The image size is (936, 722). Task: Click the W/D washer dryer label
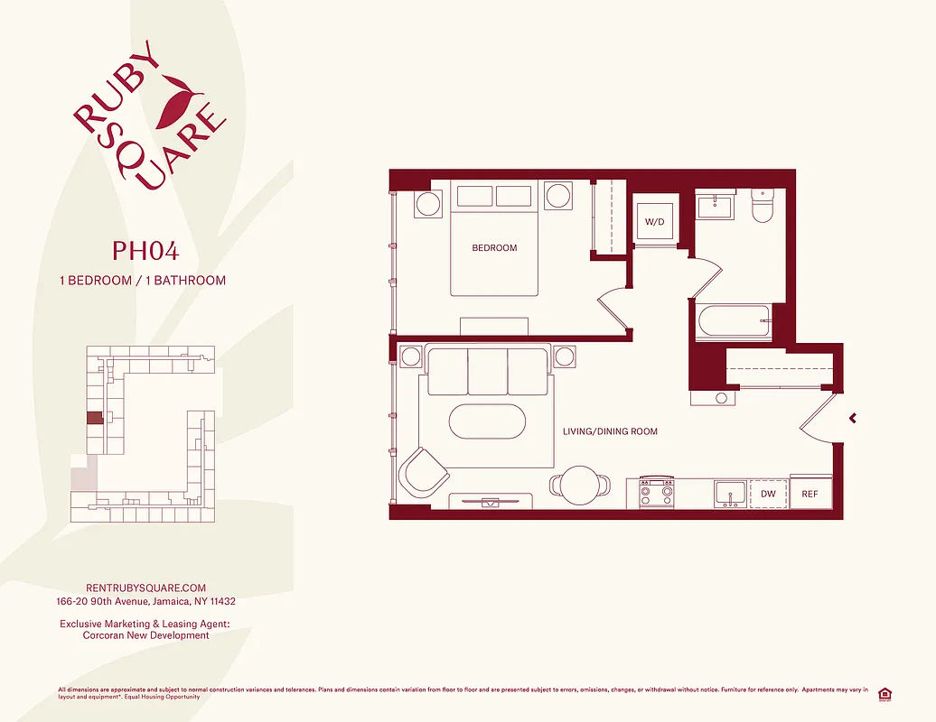(654, 221)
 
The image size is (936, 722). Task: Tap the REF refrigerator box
(810, 494)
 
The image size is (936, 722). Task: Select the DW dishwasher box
(768, 494)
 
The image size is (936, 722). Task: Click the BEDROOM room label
(494, 248)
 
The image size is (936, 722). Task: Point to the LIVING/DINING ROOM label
(610, 431)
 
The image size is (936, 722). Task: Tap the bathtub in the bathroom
(732, 322)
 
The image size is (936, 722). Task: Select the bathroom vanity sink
(714, 207)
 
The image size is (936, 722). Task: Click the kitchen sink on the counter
(729, 493)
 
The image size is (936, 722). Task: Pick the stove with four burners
(657, 493)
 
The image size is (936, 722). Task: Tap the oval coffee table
(487, 421)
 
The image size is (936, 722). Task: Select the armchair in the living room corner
(424, 471)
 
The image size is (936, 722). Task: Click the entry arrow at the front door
(852, 418)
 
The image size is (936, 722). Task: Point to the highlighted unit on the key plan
(94, 419)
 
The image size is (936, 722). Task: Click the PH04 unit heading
(140, 249)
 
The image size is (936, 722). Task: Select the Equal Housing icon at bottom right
(885, 693)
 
